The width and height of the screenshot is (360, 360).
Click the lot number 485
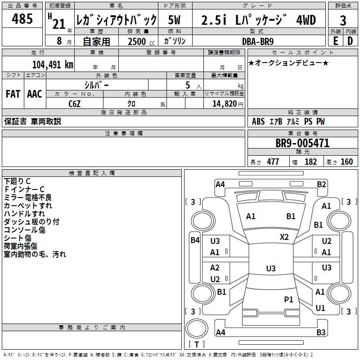(22, 19)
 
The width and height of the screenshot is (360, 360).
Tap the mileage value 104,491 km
(53, 64)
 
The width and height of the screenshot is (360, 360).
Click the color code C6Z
(75, 103)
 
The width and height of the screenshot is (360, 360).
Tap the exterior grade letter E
(335, 41)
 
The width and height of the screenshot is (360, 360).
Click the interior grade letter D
(350, 41)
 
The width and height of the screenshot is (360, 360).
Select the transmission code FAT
(13, 94)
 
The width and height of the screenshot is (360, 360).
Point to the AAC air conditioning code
(35, 94)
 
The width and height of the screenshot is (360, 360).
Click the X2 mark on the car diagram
(284, 237)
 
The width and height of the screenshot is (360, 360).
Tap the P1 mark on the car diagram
(288, 299)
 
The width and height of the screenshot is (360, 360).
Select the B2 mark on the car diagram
(321, 184)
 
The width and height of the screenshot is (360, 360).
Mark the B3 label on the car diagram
(321, 333)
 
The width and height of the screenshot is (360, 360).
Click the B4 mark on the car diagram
(195, 240)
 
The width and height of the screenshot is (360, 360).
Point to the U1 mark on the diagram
(320, 308)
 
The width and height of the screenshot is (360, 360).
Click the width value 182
(310, 162)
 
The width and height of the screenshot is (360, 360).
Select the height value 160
(346, 162)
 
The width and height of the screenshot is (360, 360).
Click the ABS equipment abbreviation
(258, 121)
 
